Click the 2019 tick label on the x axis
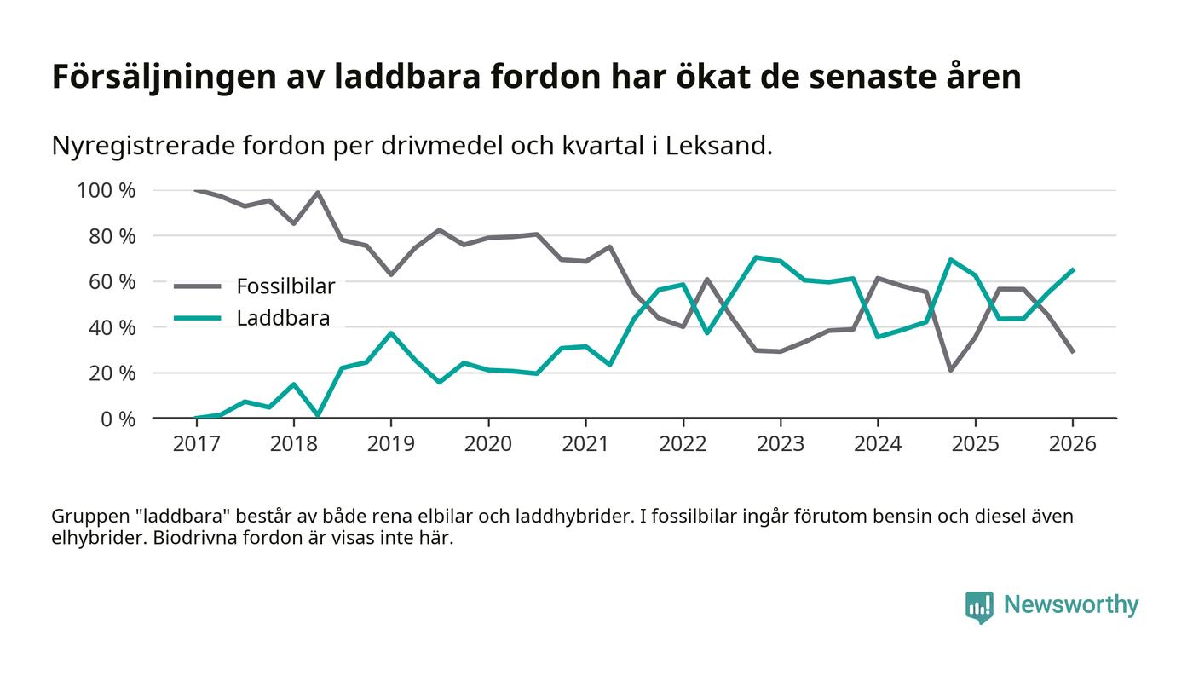tap(390, 444)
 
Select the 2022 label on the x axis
tap(683, 444)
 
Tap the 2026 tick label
tap(1072, 444)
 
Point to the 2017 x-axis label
tap(196, 444)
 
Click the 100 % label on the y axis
tap(106, 190)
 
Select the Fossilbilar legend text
tap(285, 286)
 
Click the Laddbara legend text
tap(283, 319)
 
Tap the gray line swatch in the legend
tap(197, 286)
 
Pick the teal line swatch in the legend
tap(197, 319)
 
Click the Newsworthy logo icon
tap(980, 606)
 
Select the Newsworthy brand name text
tap(1070, 605)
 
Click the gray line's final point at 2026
tap(1072, 352)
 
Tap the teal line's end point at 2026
tap(1072, 269)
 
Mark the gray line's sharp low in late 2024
tap(950, 370)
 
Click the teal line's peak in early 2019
tap(390, 332)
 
